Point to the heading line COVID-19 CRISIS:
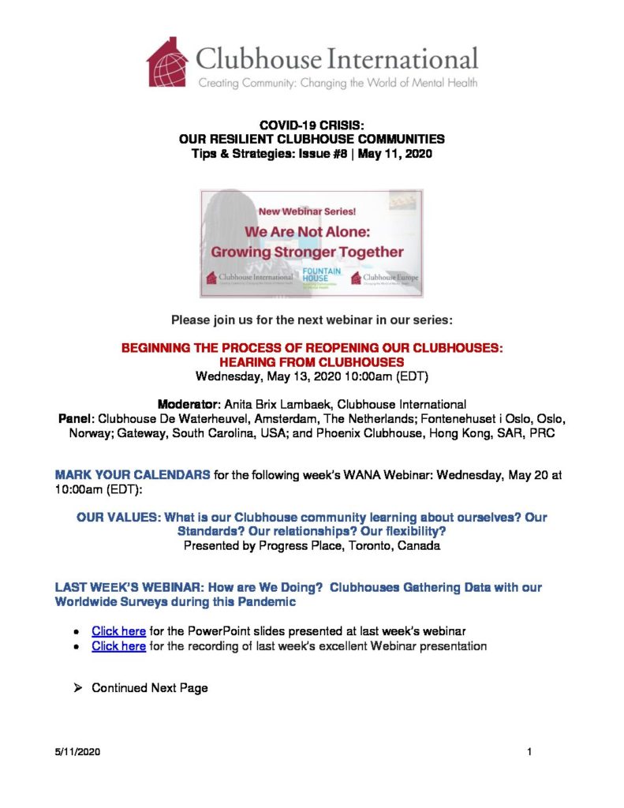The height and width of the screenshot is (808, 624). click(312, 125)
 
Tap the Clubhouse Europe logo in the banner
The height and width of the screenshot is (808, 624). click(384, 278)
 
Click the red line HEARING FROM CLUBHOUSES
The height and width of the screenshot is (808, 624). click(312, 361)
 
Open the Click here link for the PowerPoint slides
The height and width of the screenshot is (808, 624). click(118, 630)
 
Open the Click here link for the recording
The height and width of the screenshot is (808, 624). click(118, 646)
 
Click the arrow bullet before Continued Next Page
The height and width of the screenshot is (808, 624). click(77, 688)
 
